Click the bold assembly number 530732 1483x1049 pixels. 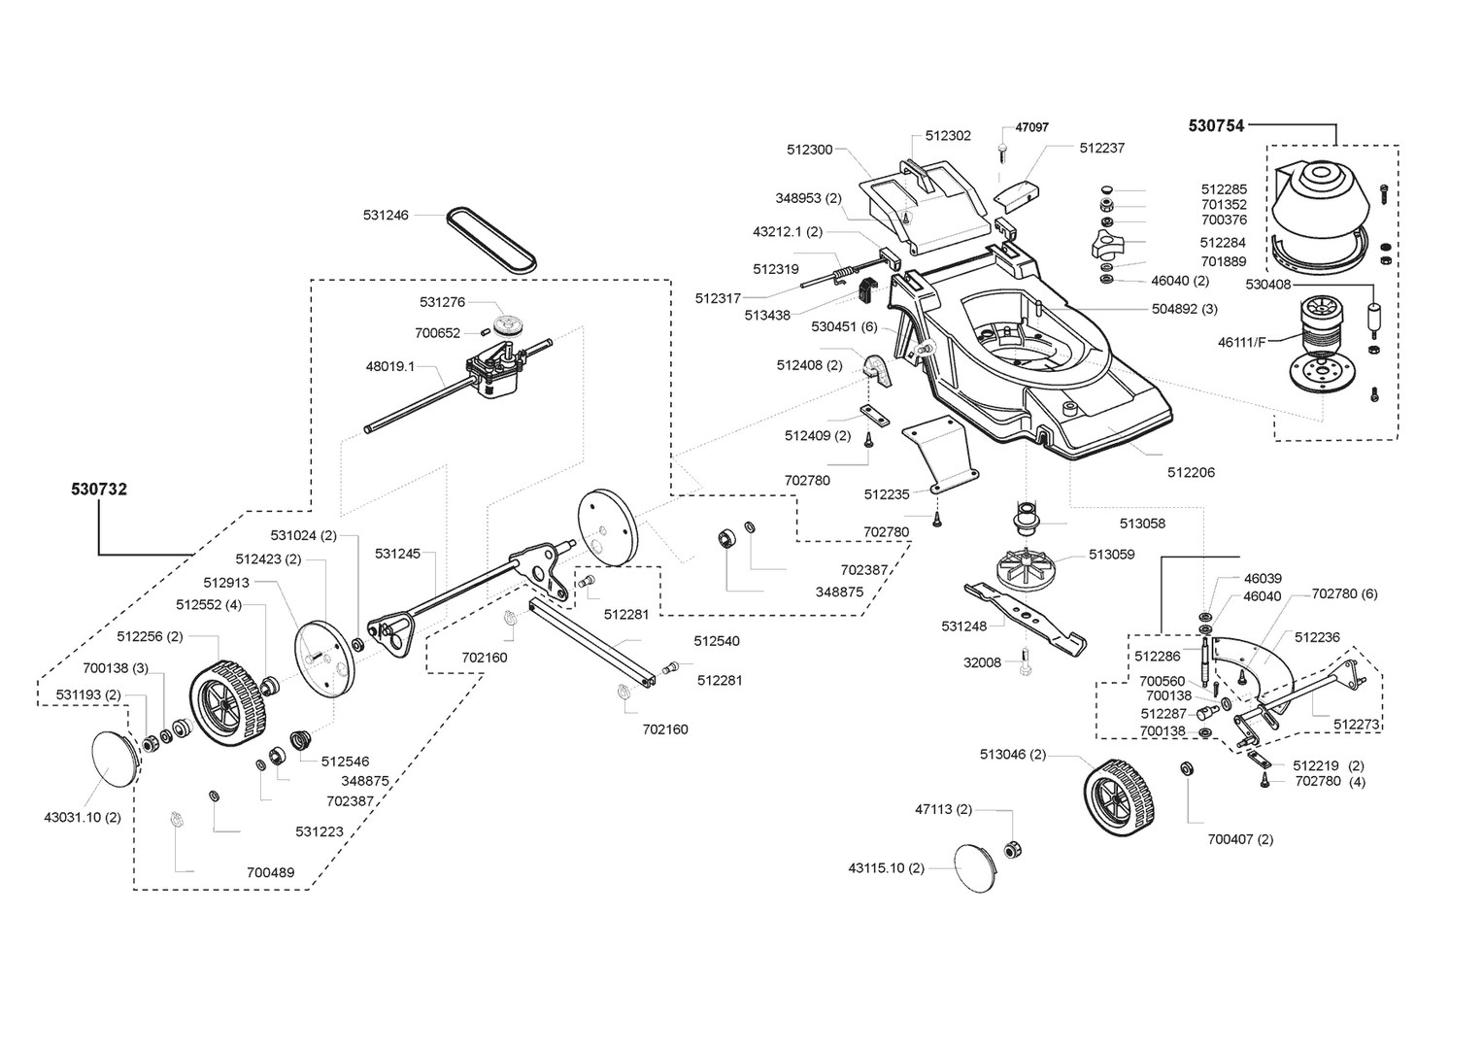[x=99, y=490]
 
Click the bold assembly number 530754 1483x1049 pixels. [x=1216, y=125]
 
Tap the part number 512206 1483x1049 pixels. [x=1191, y=473]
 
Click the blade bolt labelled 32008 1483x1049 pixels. [x=1025, y=666]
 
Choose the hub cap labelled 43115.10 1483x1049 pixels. [x=976, y=867]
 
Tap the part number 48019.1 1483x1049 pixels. [x=389, y=367]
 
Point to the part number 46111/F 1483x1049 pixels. [x=1243, y=342]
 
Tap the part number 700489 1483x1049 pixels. [x=270, y=872]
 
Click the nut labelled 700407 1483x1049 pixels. [x=1187, y=769]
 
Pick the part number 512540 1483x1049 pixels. [x=717, y=641]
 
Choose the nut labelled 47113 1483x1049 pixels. [x=1011, y=850]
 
